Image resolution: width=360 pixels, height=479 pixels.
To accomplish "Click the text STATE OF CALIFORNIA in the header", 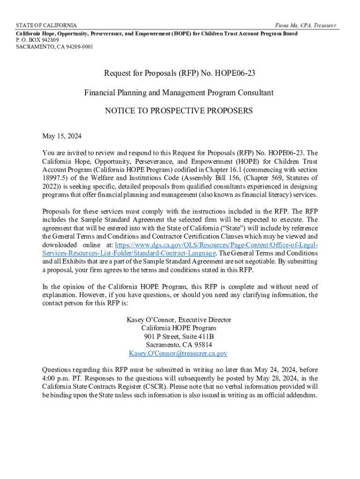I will click(46, 25).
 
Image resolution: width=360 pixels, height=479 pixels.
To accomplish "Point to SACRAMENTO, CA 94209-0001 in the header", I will click(54, 47).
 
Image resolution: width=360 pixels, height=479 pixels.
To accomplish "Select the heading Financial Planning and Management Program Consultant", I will click(179, 93).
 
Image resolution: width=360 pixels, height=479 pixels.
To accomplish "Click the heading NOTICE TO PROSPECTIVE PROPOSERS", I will click(179, 111).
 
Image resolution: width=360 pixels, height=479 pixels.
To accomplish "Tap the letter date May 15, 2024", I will click(62, 137).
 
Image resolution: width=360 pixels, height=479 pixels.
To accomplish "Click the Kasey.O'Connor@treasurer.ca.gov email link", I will click(178, 354).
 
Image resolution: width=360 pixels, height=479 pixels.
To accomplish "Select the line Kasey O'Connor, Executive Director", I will click(179, 320).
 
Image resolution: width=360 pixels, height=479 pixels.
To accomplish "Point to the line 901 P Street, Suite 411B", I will click(179, 337).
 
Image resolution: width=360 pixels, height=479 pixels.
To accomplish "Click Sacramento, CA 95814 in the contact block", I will click(179, 345).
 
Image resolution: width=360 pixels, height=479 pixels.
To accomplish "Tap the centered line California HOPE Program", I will click(179, 328).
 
